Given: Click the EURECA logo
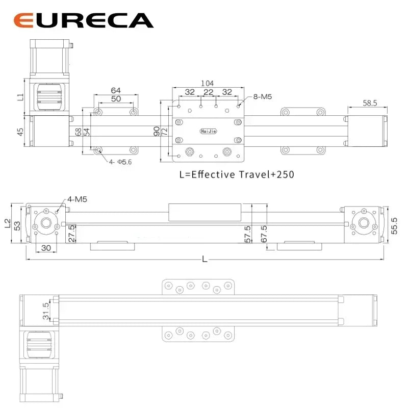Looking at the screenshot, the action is pos(84,20).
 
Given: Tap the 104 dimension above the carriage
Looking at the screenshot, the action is pos(208,83).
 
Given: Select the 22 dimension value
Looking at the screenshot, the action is pos(208,92).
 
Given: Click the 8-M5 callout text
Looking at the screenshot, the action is pos(263,96).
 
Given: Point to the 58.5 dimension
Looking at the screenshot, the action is pos(370,103).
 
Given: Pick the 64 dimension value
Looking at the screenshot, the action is pos(116,90).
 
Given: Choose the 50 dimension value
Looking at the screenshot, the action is pos(116,98).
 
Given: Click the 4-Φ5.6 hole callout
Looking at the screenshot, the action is pos(120,162).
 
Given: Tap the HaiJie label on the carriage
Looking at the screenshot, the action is pos(209,131).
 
